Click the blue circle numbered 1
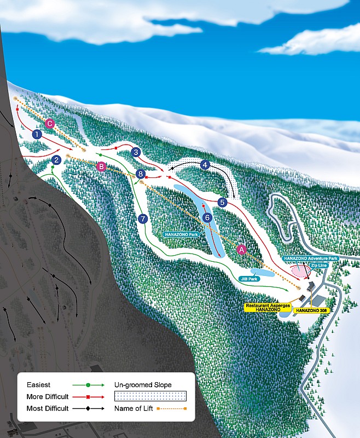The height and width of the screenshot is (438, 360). [37, 134]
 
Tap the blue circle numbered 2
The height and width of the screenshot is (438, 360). [56, 160]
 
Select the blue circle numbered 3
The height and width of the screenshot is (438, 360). [136, 152]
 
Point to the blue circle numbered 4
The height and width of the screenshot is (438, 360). [205, 164]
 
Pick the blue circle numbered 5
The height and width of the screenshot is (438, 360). [222, 202]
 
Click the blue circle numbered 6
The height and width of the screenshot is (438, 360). [207, 217]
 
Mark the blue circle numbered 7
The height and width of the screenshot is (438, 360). [143, 218]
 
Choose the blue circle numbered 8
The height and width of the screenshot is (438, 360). [141, 174]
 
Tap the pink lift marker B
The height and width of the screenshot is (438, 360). [101, 167]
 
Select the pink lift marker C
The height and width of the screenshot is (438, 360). [50, 123]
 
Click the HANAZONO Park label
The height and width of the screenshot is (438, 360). [180, 234]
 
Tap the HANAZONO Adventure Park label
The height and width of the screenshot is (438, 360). [311, 258]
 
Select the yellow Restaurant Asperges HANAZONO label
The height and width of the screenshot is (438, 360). [267, 307]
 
